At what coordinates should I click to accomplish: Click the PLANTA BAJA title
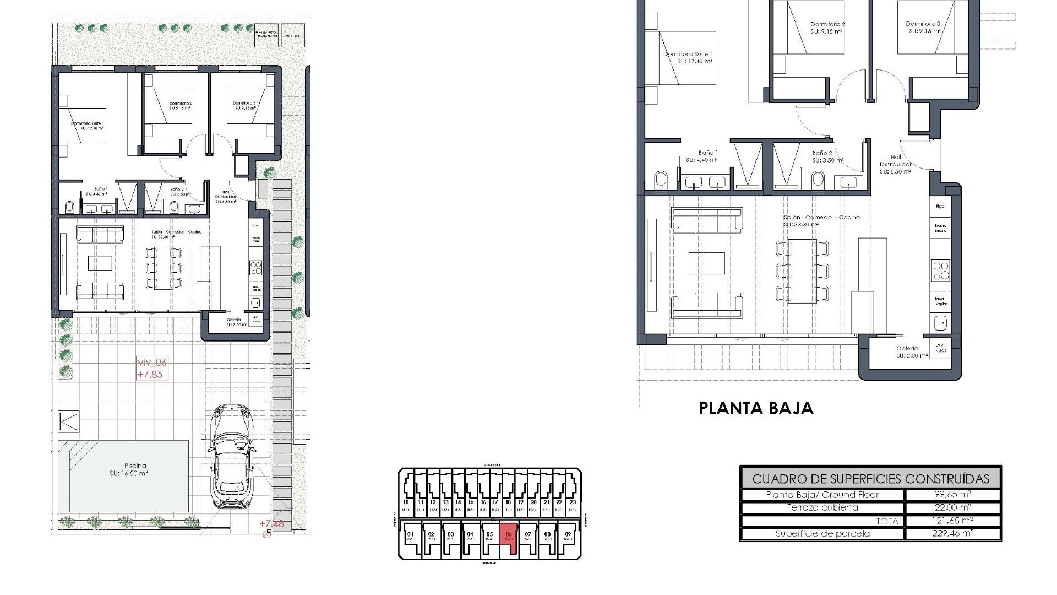756,408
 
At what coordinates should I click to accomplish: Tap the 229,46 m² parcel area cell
952,533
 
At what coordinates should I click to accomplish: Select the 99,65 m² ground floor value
952,495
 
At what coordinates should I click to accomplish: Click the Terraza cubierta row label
822,507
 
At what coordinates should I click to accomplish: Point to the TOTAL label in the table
889,521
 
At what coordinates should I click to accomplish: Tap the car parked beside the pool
231,456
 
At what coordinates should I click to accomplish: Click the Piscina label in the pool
127,466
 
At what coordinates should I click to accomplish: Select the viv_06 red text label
151,363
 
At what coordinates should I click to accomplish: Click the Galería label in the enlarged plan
907,348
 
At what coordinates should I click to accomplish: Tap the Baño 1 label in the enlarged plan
708,153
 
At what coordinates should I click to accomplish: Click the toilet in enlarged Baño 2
818,180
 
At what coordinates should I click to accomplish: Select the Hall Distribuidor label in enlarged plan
895,164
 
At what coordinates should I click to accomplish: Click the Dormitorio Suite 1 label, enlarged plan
688,54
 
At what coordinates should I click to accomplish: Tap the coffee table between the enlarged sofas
707,263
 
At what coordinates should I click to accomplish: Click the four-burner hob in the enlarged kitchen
940,271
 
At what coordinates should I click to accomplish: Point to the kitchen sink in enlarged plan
940,322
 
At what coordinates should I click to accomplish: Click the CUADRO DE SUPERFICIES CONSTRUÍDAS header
870,478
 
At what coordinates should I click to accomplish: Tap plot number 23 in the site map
573,502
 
